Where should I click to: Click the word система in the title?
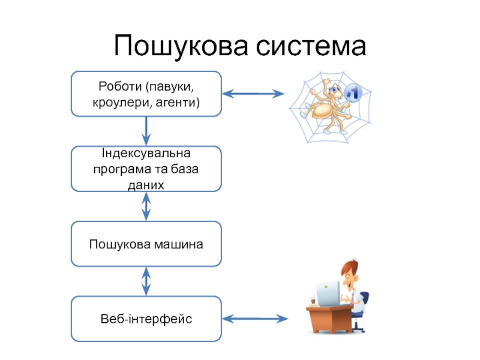point(311,47)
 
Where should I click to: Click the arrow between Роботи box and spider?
point(253,94)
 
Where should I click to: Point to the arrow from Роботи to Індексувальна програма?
point(146,131)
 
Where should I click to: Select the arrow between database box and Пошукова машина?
point(146,206)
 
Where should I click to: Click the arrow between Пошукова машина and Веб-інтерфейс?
point(146,281)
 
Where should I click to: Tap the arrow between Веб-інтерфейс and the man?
point(255,319)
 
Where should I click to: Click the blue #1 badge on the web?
point(353,93)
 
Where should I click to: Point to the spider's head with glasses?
point(335,91)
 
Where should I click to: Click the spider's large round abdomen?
point(322,111)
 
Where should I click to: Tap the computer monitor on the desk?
point(328,293)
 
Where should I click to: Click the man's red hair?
point(350,267)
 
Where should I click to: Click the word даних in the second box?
point(146,185)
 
